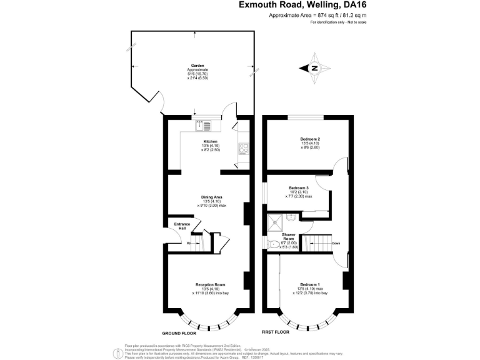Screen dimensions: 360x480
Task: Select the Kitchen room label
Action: (211, 142)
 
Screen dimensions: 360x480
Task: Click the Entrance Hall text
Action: (182, 226)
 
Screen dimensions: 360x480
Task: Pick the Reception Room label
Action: (210, 284)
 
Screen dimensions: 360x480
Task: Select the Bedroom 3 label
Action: (299, 187)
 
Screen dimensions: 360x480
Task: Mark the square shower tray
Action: (274, 222)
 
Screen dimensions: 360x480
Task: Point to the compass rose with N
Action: (316, 68)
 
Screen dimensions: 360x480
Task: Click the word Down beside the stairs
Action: (336, 243)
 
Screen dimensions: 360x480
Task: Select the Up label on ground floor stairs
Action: (189, 243)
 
